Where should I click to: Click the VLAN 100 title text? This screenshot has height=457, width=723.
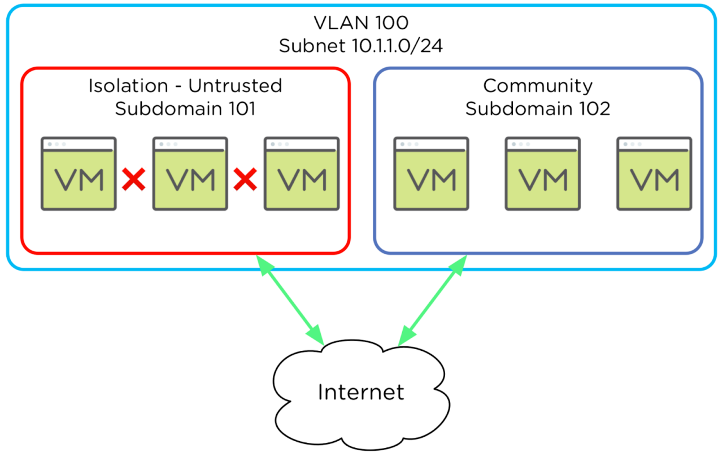click(360, 24)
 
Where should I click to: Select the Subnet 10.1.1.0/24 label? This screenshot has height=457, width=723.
click(360, 46)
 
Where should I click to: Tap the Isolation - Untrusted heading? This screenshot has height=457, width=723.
click(185, 86)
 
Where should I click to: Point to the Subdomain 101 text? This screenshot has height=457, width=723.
click(185, 108)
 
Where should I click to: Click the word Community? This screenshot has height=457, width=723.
click(538, 86)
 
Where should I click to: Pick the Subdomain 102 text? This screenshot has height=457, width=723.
click(538, 108)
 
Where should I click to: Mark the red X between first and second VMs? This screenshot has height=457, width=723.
click(134, 180)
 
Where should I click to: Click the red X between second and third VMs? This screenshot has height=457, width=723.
click(246, 180)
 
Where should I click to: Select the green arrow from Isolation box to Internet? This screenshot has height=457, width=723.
click(290, 299)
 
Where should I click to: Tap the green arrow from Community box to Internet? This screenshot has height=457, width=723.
click(433, 299)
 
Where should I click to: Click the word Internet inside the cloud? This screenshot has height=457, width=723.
click(361, 391)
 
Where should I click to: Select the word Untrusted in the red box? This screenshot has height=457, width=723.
click(235, 86)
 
